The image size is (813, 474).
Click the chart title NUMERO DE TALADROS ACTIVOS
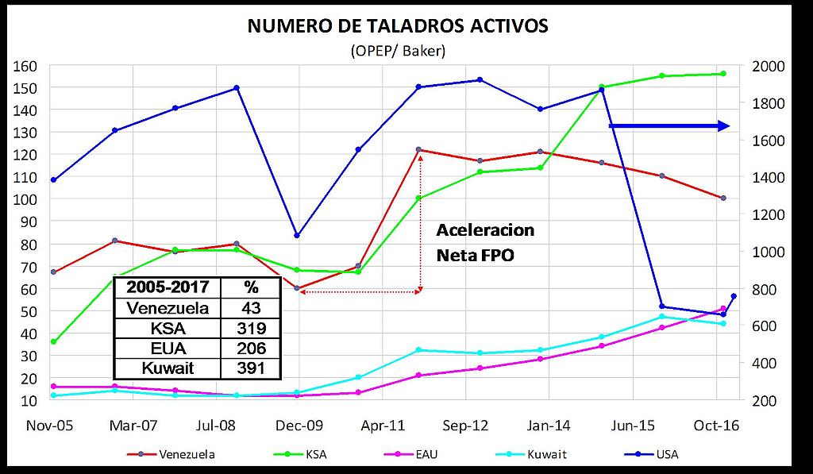[x=398, y=26]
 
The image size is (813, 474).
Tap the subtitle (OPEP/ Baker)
[x=398, y=51]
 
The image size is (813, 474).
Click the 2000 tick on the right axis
[x=765, y=65]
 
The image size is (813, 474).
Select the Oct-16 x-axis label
[x=719, y=426]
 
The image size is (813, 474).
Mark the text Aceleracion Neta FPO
[x=485, y=242]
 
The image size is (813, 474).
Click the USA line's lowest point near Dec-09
[x=297, y=235]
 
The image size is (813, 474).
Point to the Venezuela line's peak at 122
[x=418, y=149]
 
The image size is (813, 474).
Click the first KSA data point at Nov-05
[x=53, y=341]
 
